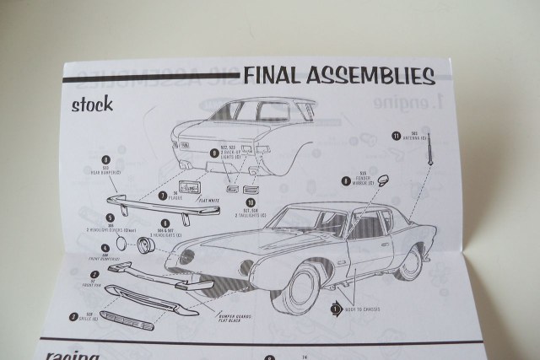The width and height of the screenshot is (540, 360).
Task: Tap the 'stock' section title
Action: [93, 106]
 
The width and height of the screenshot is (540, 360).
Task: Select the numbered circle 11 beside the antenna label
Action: [395, 135]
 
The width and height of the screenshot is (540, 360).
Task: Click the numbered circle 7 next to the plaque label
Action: [162, 196]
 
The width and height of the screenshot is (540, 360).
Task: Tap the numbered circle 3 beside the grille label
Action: [74, 318]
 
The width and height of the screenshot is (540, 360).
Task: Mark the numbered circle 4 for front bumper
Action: [105, 249]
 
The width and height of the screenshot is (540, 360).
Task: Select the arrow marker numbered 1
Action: [336, 309]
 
